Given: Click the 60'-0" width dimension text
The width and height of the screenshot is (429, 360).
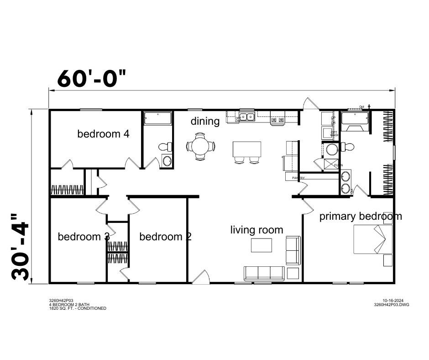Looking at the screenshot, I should [x=91, y=78].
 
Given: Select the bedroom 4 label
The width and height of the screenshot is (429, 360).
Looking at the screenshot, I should [x=103, y=134].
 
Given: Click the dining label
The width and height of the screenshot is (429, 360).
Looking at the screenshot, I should [x=205, y=121].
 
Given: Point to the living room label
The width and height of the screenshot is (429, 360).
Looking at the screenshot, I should [x=256, y=230].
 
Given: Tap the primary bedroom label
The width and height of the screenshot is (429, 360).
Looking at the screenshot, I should [x=361, y=216].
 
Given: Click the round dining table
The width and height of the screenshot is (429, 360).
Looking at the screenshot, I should [x=200, y=146].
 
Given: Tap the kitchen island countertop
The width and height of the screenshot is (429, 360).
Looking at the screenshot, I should [x=247, y=149].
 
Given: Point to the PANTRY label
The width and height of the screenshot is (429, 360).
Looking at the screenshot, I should [x=292, y=178].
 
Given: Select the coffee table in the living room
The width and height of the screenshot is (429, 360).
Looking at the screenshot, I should [x=261, y=245].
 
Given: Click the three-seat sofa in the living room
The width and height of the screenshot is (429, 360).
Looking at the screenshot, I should [x=264, y=273].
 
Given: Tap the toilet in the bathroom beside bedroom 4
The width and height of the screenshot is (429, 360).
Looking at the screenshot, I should [x=166, y=147].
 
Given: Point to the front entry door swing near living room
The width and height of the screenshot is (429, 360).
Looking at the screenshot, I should [x=201, y=277].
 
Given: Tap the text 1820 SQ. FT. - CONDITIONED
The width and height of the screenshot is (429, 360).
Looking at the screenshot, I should [x=78, y=308].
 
